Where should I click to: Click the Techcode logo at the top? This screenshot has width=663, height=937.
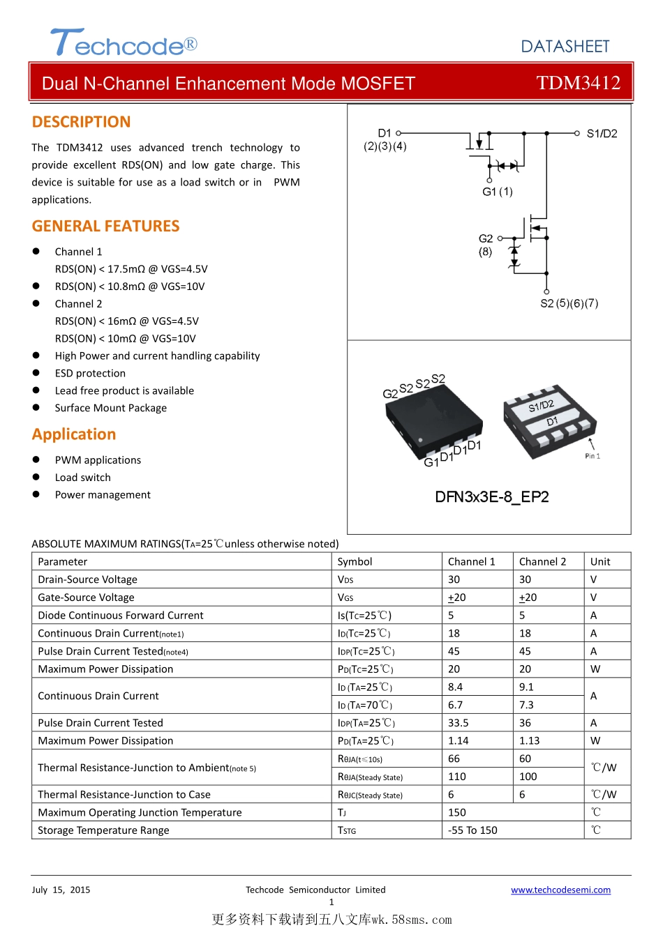pyautogui.click(x=124, y=43)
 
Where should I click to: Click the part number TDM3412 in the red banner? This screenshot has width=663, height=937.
pyautogui.click(x=578, y=83)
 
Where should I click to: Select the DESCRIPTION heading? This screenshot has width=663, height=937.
pyautogui.click(x=81, y=122)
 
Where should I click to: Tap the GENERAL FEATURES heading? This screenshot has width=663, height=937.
pyautogui.click(x=105, y=226)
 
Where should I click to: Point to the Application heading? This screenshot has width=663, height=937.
pyautogui.click(x=74, y=434)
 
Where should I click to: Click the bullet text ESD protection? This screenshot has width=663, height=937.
pyautogui.click(x=90, y=374)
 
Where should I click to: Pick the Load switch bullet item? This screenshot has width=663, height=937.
pyautogui.click(x=82, y=478)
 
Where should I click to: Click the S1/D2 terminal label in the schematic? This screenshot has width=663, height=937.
pyautogui.click(x=602, y=134)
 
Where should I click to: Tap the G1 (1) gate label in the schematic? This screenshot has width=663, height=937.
pyautogui.click(x=497, y=192)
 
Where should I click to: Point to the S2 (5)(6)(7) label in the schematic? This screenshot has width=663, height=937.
pyautogui.click(x=569, y=303)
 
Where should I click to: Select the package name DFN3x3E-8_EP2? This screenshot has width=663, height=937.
pyautogui.click(x=491, y=497)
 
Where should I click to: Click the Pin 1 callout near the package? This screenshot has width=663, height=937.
pyautogui.click(x=593, y=456)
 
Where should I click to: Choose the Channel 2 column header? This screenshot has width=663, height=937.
pyautogui.click(x=542, y=562)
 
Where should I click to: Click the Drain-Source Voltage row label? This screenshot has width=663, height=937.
pyautogui.click(x=87, y=580)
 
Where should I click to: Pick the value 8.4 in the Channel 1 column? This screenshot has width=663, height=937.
pyautogui.click(x=455, y=687)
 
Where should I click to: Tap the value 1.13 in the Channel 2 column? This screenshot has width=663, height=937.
pyautogui.click(x=529, y=741)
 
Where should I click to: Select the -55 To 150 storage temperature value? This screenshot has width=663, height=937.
pyautogui.click(x=472, y=830)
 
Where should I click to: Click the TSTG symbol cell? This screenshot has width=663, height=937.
pyautogui.click(x=346, y=830)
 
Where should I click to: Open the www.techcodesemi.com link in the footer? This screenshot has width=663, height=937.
pyautogui.click(x=560, y=890)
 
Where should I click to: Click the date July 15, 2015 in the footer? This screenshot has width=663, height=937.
pyautogui.click(x=61, y=890)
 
